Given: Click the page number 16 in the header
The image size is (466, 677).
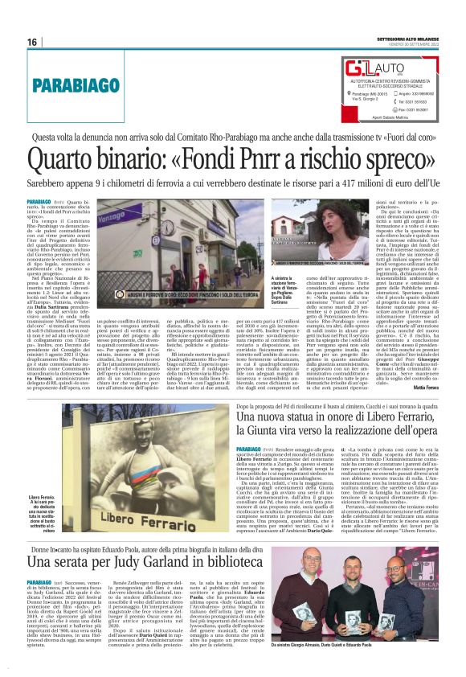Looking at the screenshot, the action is [32, 43].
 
